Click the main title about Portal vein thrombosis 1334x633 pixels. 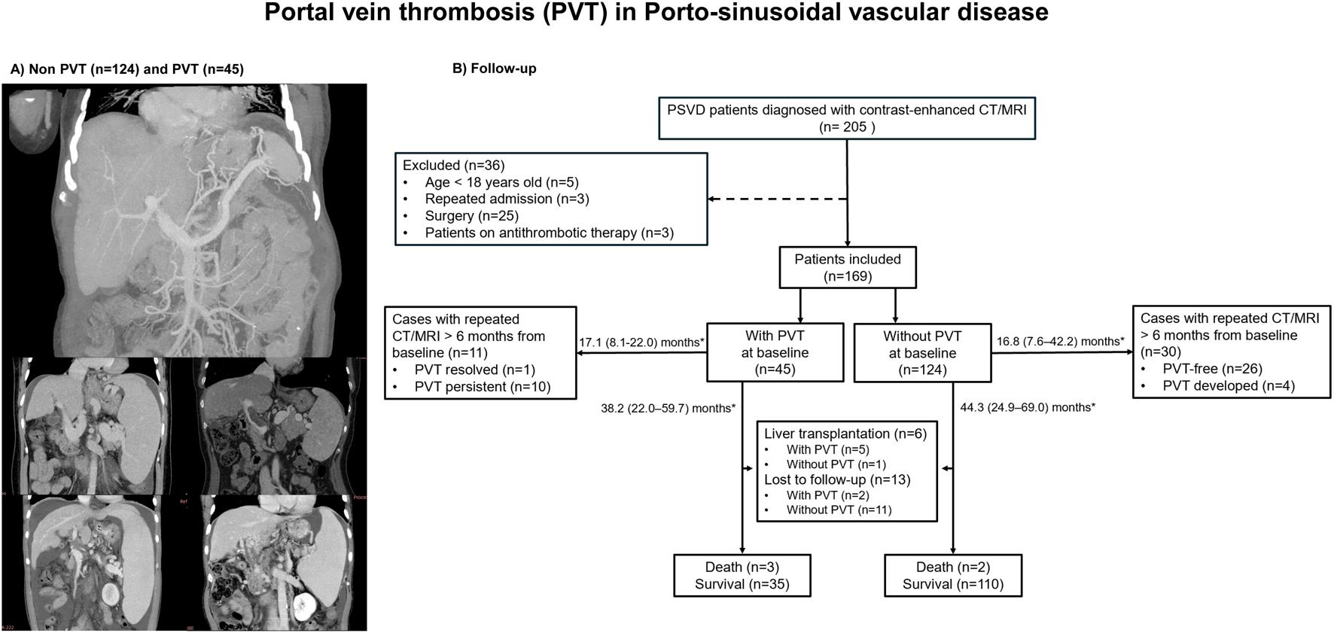click(656, 13)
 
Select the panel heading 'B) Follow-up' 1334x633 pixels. click(494, 68)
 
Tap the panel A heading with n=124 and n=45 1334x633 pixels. click(126, 69)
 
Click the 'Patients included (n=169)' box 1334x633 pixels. click(848, 268)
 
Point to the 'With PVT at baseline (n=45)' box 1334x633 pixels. click(775, 353)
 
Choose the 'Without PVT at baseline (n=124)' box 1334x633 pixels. click(922, 353)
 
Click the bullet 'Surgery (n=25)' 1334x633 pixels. click(471, 216)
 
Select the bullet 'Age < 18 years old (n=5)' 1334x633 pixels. click(501, 182)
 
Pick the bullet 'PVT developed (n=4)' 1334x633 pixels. click(1229, 386)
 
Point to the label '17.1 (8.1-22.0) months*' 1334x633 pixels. click(641, 342)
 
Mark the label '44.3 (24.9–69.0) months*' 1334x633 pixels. click(1028, 408)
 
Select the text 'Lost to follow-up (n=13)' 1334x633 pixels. click(837, 479)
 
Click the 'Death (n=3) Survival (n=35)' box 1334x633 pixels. click(742, 576)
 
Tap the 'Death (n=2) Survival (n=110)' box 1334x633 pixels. click(953, 576)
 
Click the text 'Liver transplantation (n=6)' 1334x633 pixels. click(845, 434)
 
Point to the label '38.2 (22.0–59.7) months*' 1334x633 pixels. click(668, 409)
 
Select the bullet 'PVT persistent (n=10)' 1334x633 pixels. click(482, 387)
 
